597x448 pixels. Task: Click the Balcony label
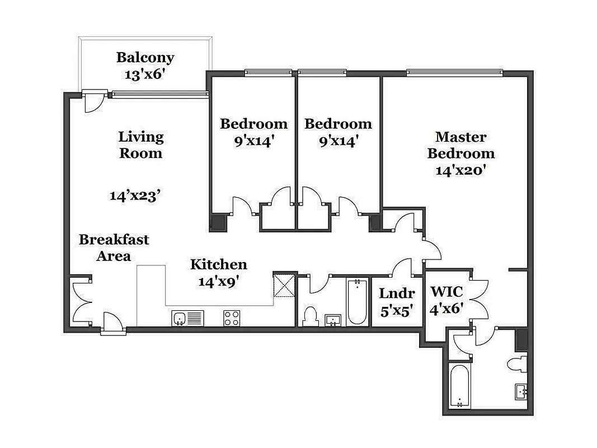(x=145, y=58)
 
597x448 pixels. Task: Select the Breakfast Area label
(x=114, y=248)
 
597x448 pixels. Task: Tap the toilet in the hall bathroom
(x=308, y=317)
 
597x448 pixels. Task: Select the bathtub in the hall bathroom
(x=355, y=302)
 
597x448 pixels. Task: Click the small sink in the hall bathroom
(x=333, y=320)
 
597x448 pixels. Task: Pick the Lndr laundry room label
(x=397, y=293)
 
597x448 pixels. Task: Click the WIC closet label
(x=446, y=292)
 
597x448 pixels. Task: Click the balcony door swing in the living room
(x=93, y=102)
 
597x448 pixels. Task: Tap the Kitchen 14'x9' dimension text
(x=218, y=281)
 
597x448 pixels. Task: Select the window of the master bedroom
(x=454, y=72)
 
